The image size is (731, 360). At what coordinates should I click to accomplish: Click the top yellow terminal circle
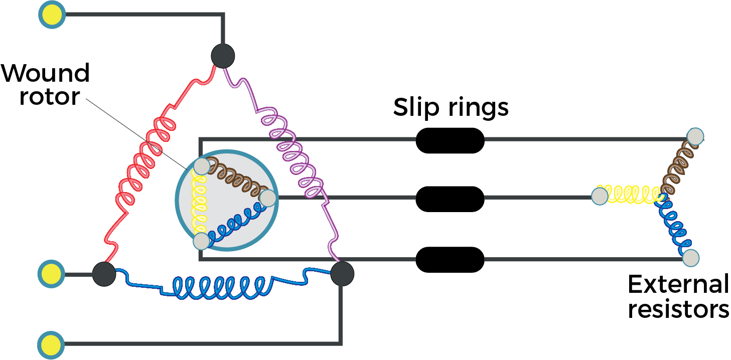point(52,15)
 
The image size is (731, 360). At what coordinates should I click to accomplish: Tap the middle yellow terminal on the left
point(51,274)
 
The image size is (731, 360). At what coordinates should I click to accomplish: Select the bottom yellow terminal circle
point(51,345)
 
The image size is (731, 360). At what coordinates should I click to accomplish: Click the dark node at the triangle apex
point(223,56)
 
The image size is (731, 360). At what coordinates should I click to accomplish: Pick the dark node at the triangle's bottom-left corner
point(104,274)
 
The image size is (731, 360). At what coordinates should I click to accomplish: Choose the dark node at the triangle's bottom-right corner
point(342,274)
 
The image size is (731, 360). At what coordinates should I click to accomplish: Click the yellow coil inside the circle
point(200,204)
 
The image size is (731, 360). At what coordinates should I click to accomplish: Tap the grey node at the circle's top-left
point(202,166)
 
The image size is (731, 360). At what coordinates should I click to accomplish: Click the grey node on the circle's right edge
point(268,198)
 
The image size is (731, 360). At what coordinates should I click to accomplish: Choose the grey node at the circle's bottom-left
point(201,241)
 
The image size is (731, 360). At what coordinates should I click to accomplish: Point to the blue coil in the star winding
point(675,226)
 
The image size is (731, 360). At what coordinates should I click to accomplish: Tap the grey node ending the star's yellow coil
point(600,196)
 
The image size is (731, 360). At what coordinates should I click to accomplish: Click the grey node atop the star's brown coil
point(695,136)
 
